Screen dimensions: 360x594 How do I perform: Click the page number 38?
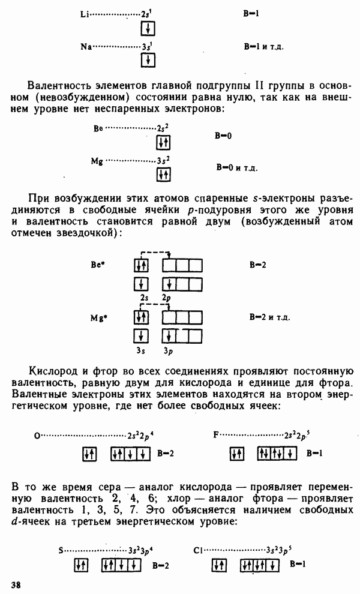click(x=16, y=584)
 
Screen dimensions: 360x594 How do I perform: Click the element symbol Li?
click(x=85, y=14)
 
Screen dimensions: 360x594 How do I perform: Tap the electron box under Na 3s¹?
click(x=148, y=60)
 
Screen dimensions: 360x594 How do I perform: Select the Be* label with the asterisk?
click(x=98, y=265)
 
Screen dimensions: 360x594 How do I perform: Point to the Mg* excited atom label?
click(x=98, y=317)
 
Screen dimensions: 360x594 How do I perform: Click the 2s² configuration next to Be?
click(x=163, y=128)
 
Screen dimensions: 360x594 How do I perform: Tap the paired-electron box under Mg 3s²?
click(x=164, y=174)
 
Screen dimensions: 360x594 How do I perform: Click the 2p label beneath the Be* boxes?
click(x=166, y=298)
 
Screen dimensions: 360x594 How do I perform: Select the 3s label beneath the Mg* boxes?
click(x=141, y=350)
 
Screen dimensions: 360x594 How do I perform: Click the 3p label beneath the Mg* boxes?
click(x=168, y=351)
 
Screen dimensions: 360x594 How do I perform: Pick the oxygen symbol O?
click(x=37, y=436)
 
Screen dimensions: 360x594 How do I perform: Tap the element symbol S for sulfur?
click(x=61, y=550)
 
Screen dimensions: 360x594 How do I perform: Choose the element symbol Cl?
click(x=198, y=550)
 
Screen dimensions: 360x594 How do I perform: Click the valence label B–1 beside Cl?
click(x=298, y=563)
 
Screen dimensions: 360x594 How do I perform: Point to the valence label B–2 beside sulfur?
click(x=161, y=566)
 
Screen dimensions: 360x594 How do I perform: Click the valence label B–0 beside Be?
click(x=223, y=136)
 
